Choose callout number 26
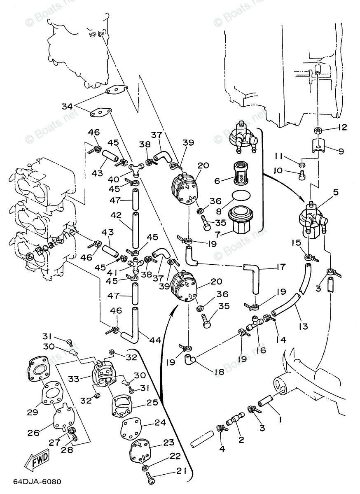click(33, 432)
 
